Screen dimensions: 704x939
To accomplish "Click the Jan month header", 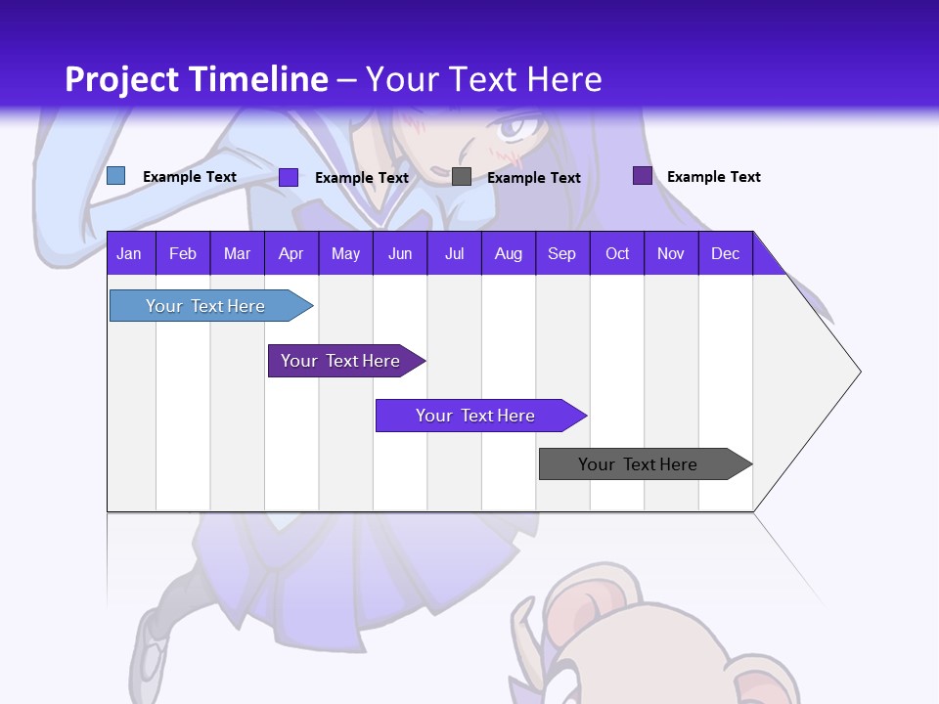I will (x=129, y=253).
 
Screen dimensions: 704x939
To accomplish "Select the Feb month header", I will (x=183, y=253).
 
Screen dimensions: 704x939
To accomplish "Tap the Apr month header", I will (x=291, y=253).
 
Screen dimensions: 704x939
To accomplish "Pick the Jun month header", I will (x=400, y=253).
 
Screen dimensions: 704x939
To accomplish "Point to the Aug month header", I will (x=508, y=253).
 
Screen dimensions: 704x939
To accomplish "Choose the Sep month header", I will (x=561, y=253).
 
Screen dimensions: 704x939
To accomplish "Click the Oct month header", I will (x=617, y=253).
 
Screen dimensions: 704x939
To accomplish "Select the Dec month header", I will (x=725, y=253).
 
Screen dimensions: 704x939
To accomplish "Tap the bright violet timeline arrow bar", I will (x=476, y=416).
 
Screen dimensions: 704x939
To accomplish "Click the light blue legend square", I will (x=115, y=176).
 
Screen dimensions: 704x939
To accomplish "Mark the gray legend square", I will (x=462, y=177).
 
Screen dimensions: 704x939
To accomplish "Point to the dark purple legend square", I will (x=642, y=176).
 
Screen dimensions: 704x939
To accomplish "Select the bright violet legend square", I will (x=289, y=177).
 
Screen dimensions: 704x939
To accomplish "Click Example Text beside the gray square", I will (x=533, y=178).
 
